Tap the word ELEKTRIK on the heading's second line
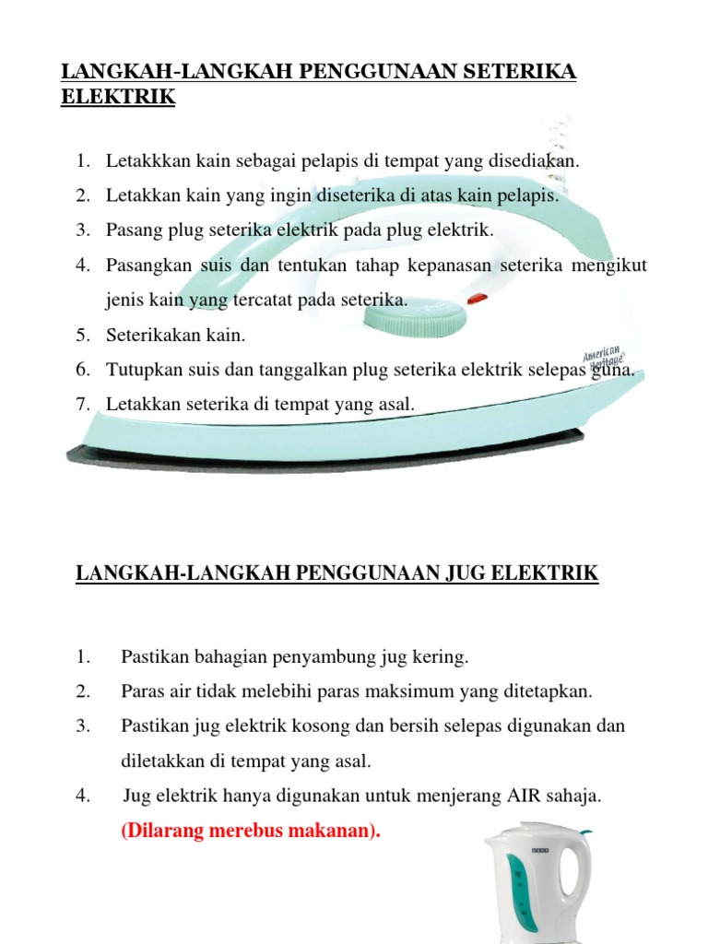tap(118, 96)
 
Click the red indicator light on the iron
tap(477, 299)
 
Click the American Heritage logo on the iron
tap(604, 360)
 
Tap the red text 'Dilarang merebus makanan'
tap(251, 831)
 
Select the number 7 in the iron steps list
tap(82, 403)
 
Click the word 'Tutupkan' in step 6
tap(139, 369)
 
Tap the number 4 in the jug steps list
tap(82, 796)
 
